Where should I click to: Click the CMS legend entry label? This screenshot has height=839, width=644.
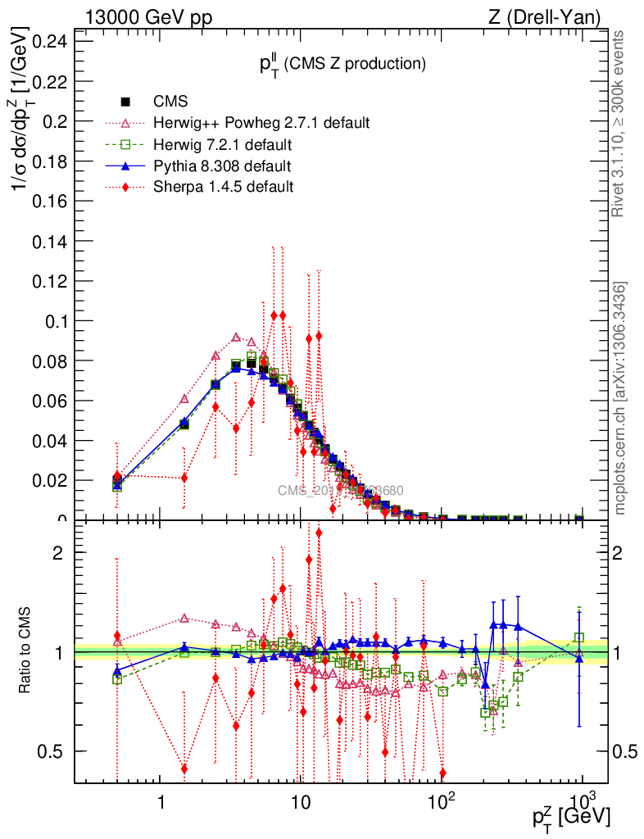click(x=170, y=102)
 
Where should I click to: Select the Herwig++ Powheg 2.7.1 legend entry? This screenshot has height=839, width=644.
click(x=261, y=123)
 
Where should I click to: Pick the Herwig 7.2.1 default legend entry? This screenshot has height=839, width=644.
click(x=223, y=145)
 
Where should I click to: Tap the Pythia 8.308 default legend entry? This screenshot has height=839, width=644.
click(x=222, y=166)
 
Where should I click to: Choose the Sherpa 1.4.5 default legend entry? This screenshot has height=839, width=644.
click(x=223, y=188)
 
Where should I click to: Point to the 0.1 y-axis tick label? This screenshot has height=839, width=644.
click(x=56, y=320)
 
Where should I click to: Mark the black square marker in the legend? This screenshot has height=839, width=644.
click(x=126, y=102)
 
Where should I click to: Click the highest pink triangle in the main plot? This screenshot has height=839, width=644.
click(x=236, y=337)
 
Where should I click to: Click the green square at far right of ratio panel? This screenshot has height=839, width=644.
click(x=579, y=637)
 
